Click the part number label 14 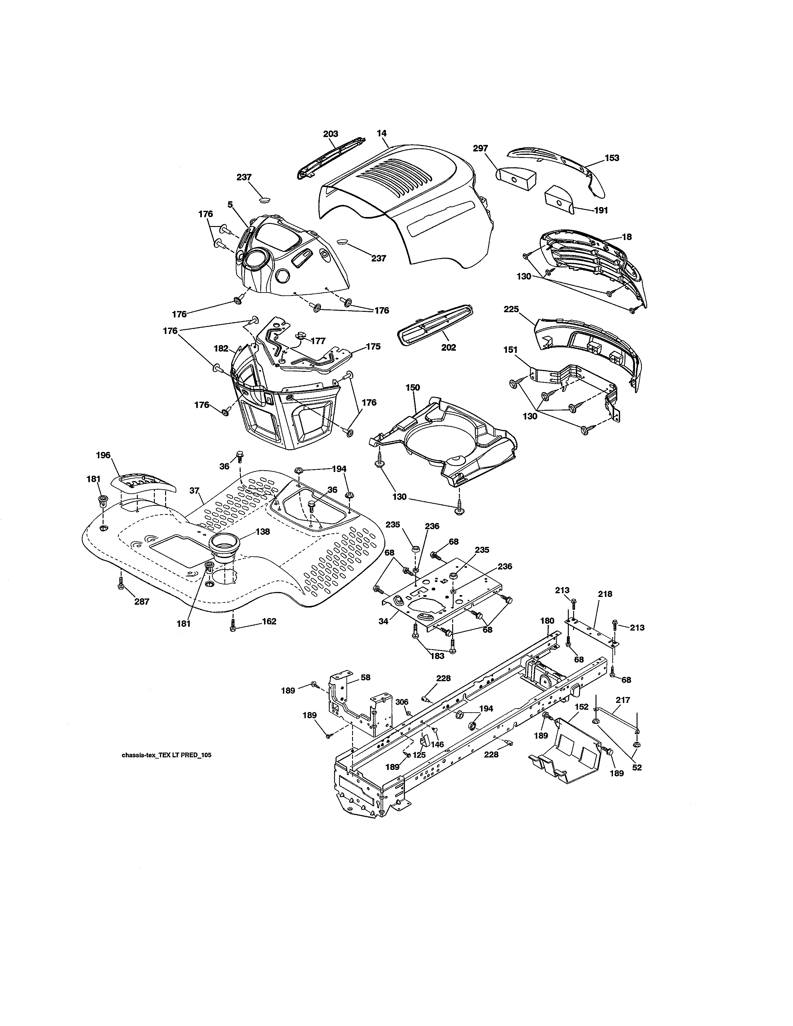coord(382,133)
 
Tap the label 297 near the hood coord(480,148)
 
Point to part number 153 coord(612,158)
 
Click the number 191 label coord(601,210)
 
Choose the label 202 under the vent coord(448,348)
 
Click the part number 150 coord(412,388)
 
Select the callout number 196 coord(103,455)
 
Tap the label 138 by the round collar coord(262,532)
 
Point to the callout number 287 coord(142,601)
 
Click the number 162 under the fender coord(269,622)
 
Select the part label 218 coord(605,594)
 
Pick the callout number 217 coord(623,700)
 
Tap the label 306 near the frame coord(402,702)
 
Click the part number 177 coord(318,341)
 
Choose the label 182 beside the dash coord(221,349)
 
